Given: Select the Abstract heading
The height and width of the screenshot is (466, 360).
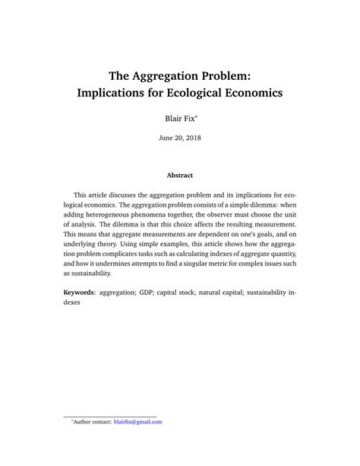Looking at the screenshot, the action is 180,176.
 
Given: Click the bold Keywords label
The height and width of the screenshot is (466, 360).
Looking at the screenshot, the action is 84,292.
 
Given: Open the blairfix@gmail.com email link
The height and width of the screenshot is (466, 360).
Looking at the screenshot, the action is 137,422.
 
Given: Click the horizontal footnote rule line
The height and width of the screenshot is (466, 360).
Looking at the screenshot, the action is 109,415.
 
